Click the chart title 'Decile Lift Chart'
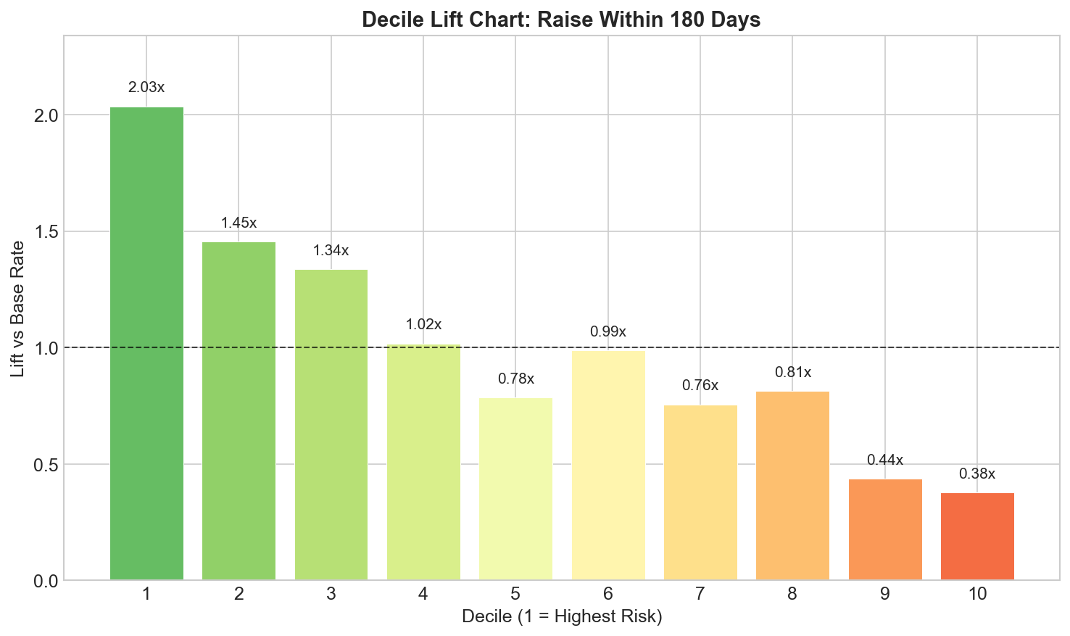(560, 20)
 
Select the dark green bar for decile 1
(146, 344)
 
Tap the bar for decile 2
(239, 411)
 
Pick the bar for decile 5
(515, 490)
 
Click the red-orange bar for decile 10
(977, 537)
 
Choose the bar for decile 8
(792, 486)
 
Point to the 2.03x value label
(146, 88)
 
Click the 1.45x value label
(239, 223)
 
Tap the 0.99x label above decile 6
(607, 332)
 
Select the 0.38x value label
(977, 474)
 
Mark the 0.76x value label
(700, 386)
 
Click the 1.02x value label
(423, 324)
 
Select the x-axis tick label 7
(700, 595)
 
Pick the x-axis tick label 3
(331, 595)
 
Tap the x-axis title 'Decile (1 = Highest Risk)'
(562, 618)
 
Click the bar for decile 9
(884, 530)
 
